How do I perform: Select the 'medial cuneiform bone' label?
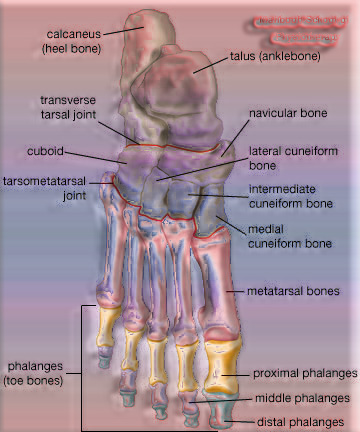pyautogui.click(x=289, y=236)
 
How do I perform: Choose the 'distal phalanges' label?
pyautogui.click(x=297, y=421)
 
